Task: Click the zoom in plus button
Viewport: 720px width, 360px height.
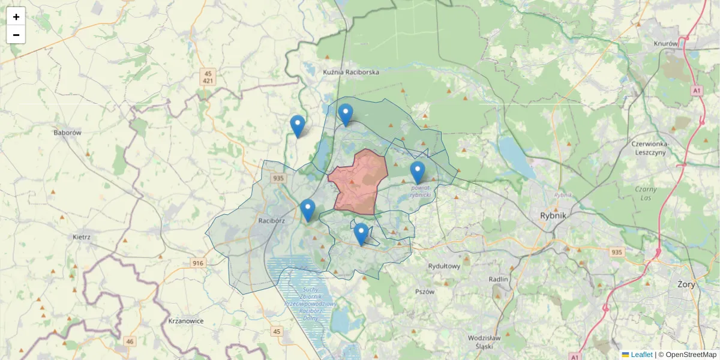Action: click(x=16, y=17)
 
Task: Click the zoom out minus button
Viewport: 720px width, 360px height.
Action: click(x=16, y=35)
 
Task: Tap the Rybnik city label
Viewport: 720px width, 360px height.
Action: click(x=554, y=216)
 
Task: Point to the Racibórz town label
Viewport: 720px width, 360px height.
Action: click(x=271, y=220)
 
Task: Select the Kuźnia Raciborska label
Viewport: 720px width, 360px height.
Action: click(x=351, y=72)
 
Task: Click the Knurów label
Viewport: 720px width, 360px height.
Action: click(x=665, y=43)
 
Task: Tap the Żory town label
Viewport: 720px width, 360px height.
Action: click(x=686, y=284)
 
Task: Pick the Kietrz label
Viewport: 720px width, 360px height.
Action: click(x=81, y=237)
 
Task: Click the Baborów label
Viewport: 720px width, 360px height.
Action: click(x=67, y=133)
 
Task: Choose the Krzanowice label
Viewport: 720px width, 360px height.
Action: click(x=186, y=321)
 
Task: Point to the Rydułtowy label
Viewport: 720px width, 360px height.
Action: click(x=444, y=266)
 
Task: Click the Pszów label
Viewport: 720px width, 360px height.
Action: click(x=424, y=291)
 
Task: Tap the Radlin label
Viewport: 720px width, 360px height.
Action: click(x=498, y=279)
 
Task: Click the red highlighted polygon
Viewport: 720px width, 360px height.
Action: click(x=359, y=183)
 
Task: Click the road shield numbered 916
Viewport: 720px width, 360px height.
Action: click(x=198, y=263)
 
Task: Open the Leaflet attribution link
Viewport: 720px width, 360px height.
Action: click(x=641, y=355)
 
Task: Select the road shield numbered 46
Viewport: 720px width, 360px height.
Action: click(x=130, y=341)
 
